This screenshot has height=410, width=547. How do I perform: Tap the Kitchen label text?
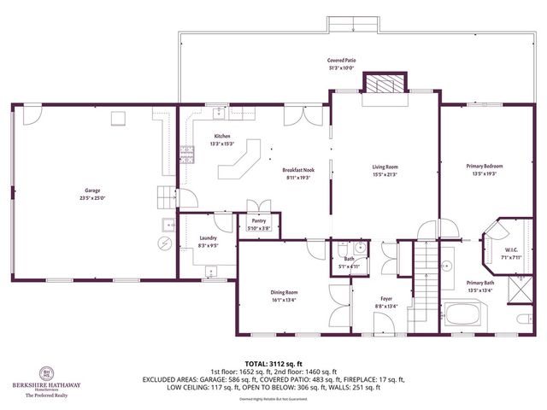point(222,137)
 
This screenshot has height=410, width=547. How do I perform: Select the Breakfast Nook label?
point(298,171)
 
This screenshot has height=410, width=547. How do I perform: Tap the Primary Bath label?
point(479,283)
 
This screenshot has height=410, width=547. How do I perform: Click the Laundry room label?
point(208,238)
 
